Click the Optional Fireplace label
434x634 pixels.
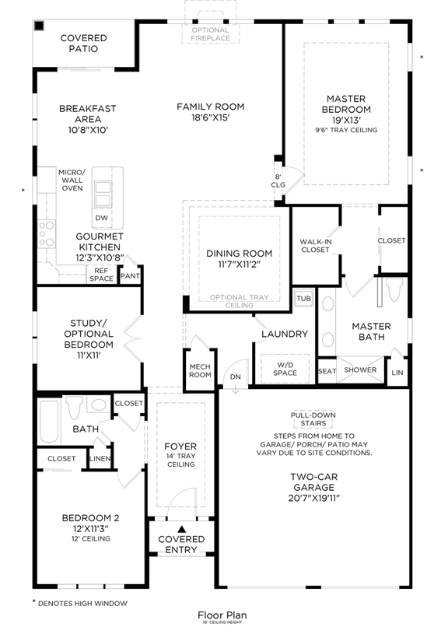pyautogui.click(x=211, y=34)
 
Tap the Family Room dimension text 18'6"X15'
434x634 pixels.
pyautogui.click(x=211, y=117)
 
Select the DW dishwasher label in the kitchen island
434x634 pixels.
pyautogui.click(x=102, y=218)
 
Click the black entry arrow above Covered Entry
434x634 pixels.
pyautogui.click(x=181, y=528)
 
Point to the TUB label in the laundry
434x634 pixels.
pyautogui.click(x=304, y=299)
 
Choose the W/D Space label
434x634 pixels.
pyautogui.click(x=285, y=369)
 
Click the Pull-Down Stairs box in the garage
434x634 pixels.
pyautogui.click(x=313, y=419)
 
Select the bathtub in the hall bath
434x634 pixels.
pyautogui.click(x=49, y=422)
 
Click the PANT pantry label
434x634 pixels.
pyautogui.click(x=130, y=276)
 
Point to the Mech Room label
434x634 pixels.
pyautogui.click(x=200, y=371)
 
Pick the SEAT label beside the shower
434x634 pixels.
pyautogui.click(x=327, y=371)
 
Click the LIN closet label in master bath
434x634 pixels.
pyautogui.click(x=397, y=373)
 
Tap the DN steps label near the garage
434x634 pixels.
pyautogui.click(x=235, y=377)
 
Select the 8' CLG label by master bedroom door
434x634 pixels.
pyautogui.click(x=278, y=180)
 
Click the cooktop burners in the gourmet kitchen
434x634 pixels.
pyautogui.click(x=46, y=233)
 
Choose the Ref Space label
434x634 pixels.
pyautogui.click(x=101, y=275)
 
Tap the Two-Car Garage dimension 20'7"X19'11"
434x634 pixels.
pyautogui.click(x=314, y=498)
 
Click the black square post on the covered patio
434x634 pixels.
pyautogui.click(x=39, y=26)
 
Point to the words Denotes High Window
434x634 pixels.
pyautogui.click(x=82, y=604)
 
